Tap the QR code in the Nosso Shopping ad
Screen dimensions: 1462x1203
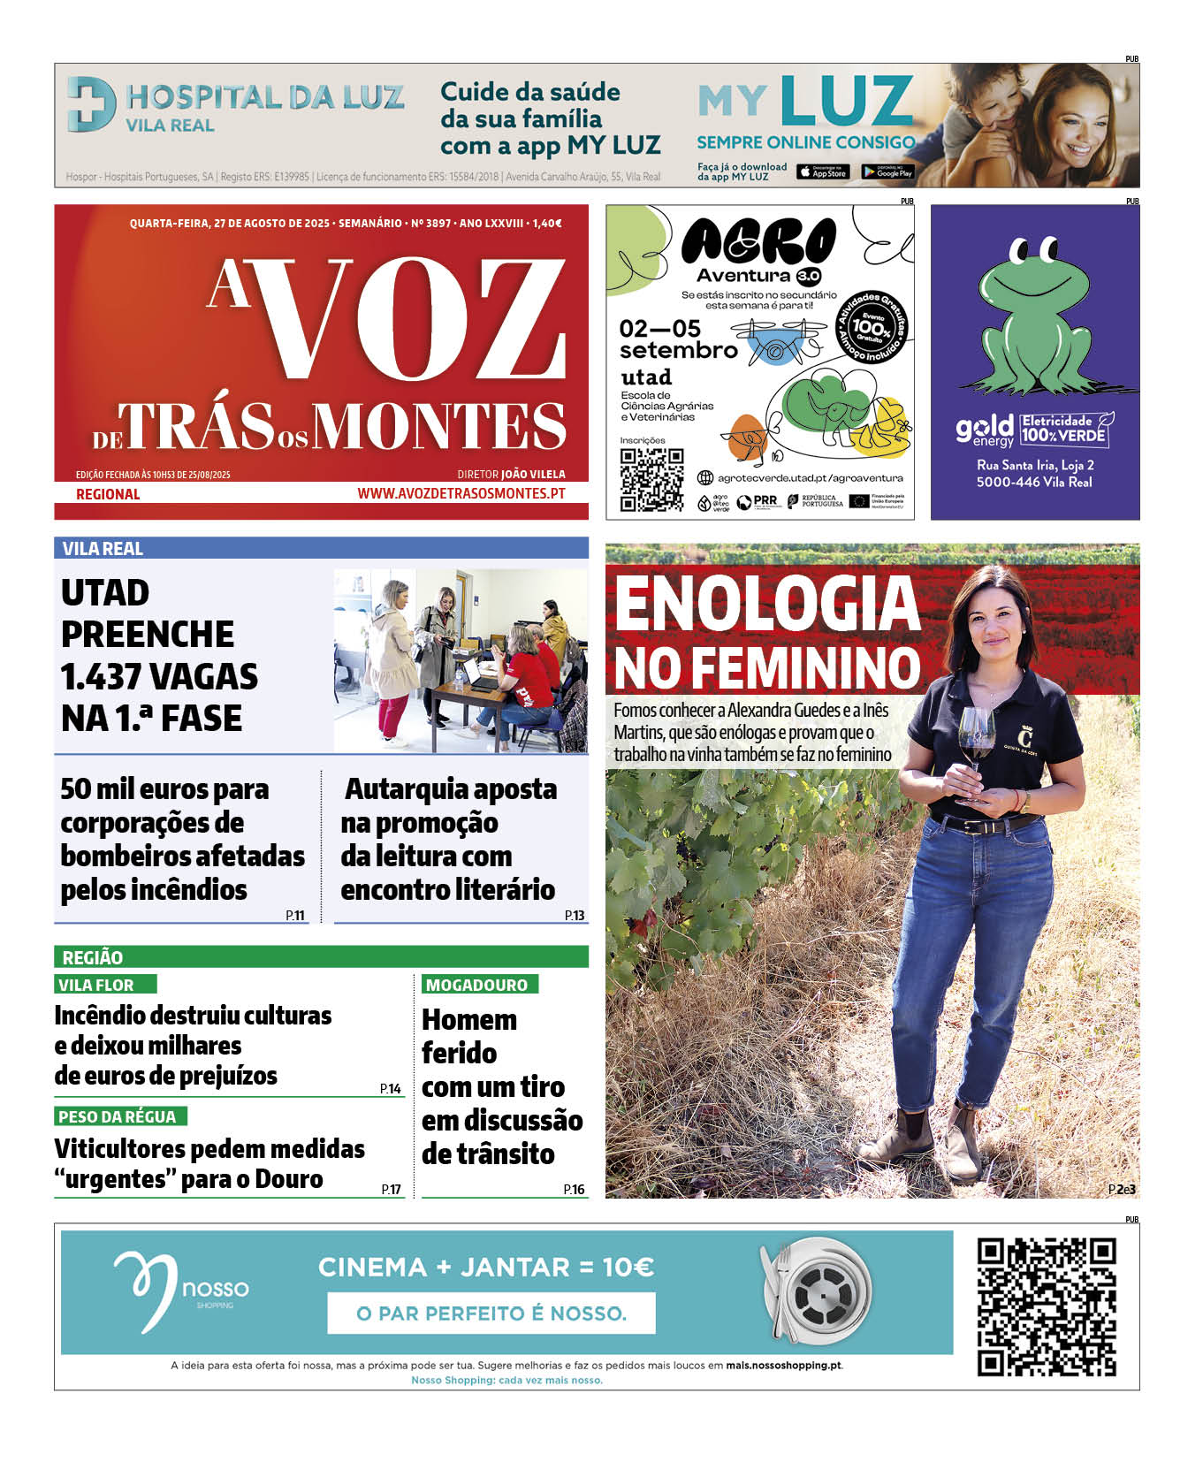(x=1046, y=1306)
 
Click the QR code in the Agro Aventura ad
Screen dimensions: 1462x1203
(x=651, y=479)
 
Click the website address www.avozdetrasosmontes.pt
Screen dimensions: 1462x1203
(x=461, y=493)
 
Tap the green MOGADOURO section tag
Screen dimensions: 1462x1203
(x=476, y=985)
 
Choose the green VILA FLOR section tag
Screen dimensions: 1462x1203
(x=96, y=985)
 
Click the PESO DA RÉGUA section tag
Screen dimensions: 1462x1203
(x=117, y=1116)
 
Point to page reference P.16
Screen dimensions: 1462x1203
(x=574, y=1189)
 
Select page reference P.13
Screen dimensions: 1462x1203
(x=575, y=916)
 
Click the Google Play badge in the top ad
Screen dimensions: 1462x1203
(x=887, y=172)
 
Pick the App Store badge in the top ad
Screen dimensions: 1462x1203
(x=822, y=172)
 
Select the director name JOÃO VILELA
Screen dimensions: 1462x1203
(x=533, y=475)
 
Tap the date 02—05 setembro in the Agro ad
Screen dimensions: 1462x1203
(x=677, y=339)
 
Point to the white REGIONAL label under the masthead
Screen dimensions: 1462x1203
(x=108, y=494)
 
